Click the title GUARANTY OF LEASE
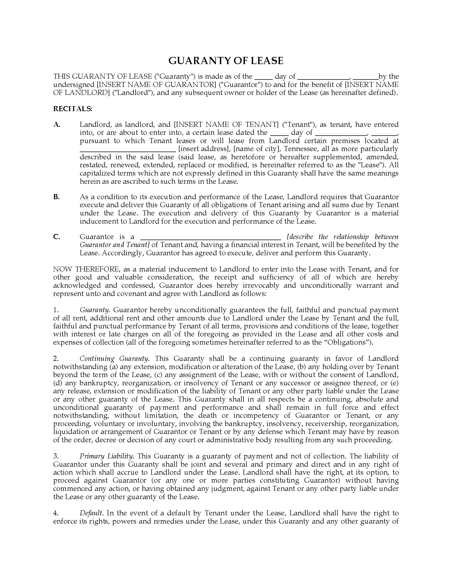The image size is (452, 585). [x=226, y=61]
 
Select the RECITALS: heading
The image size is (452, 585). [x=73, y=109]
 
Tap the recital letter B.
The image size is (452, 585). [x=56, y=197]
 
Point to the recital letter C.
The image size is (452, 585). [x=56, y=237]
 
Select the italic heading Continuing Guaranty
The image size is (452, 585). [x=114, y=359]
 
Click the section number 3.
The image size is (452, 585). [x=56, y=456]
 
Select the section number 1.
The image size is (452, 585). [x=56, y=310]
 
